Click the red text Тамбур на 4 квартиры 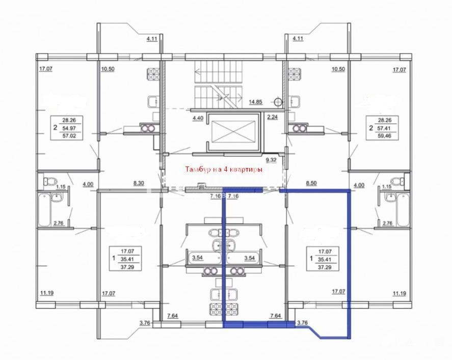pyautogui.click(x=224, y=170)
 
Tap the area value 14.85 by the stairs pyautogui.click(x=255, y=102)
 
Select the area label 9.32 pyautogui.click(x=271, y=159)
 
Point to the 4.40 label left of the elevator pyautogui.click(x=198, y=118)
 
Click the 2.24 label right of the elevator pyautogui.click(x=273, y=117)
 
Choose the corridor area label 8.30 pyautogui.click(x=139, y=183)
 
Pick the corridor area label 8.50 pyautogui.click(x=311, y=183)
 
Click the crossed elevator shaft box pyautogui.click(x=233, y=131)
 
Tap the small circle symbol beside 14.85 pyautogui.click(x=278, y=102)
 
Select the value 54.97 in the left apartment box pyautogui.click(x=69, y=128)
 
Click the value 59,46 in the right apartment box pyautogui.click(x=384, y=135)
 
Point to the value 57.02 pyautogui.click(x=69, y=135)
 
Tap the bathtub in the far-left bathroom pyautogui.click(x=44, y=209)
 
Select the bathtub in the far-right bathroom pyautogui.click(x=403, y=209)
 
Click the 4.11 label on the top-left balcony pyautogui.click(x=152, y=39)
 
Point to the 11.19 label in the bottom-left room pyautogui.click(x=47, y=293)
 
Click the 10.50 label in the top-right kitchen pyautogui.click(x=338, y=69)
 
